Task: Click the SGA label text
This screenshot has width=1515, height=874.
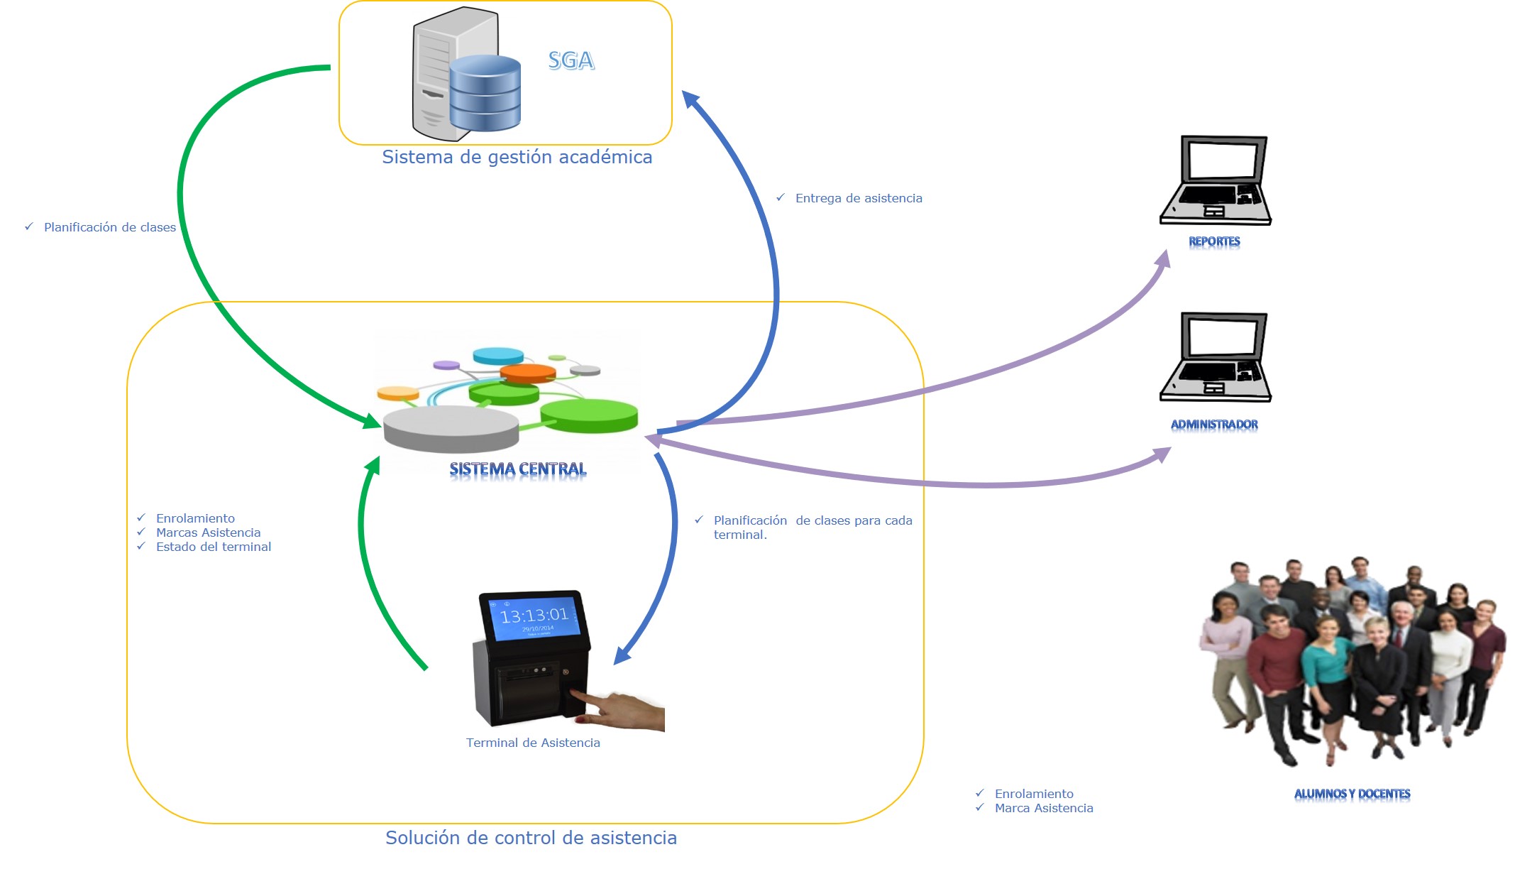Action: pos(571,61)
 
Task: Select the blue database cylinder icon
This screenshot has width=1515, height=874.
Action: pos(485,93)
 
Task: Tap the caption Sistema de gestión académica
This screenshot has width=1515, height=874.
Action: pos(517,157)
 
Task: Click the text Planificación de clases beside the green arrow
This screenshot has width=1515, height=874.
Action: pos(109,227)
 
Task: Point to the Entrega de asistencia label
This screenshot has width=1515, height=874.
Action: pos(859,198)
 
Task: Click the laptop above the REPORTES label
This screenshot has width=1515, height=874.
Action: pos(1216,180)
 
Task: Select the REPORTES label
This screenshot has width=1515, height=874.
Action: pos(1214,241)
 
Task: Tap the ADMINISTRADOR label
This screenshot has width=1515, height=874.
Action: pos(1214,425)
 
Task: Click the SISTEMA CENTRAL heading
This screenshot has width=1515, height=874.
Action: pos(518,469)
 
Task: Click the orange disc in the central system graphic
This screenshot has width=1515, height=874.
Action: pos(528,373)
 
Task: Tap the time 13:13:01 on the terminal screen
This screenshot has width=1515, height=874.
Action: pos(534,615)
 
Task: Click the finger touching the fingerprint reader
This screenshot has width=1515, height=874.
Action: pos(596,703)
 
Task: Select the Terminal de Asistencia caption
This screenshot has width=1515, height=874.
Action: pos(533,743)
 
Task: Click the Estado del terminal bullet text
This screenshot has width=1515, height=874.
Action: pos(214,547)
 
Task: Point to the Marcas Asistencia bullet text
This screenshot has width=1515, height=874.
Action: pos(208,532)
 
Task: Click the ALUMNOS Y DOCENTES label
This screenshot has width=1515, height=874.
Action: pos(1352,794)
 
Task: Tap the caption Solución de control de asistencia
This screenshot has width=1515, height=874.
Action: pos(531,838)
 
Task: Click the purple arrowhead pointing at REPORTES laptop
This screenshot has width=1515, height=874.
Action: pos(1162,259)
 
